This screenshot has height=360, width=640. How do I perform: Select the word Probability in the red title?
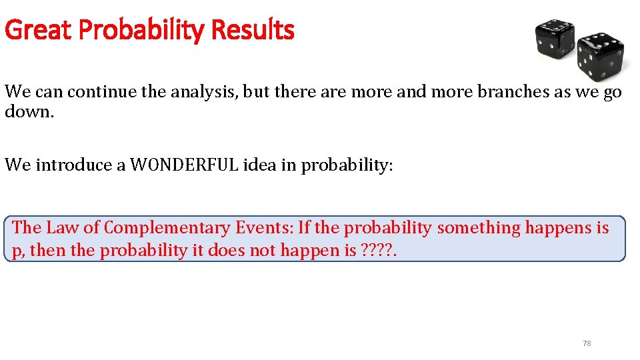pos(134,30)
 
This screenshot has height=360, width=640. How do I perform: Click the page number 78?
pos(587,343)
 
